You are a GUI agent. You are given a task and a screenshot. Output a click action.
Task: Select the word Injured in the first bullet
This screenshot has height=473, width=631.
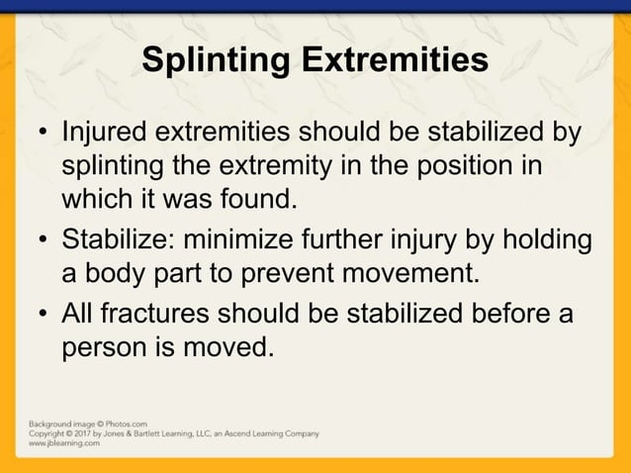[x=109, y=133]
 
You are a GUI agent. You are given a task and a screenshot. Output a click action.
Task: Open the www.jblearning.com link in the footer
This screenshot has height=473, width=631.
[x=64, y=444]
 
